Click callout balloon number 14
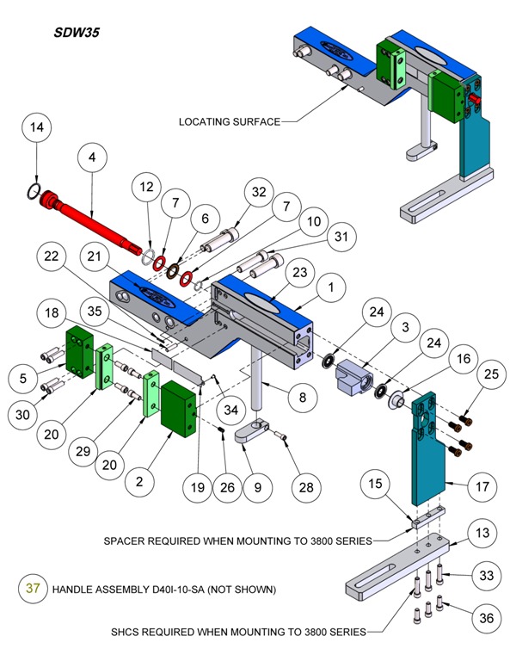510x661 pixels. [36, 128]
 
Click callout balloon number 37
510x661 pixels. [33, 590]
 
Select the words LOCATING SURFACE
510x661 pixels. [229, 121]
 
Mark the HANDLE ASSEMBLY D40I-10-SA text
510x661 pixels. [163, 590]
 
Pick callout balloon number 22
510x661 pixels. [53, 256]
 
